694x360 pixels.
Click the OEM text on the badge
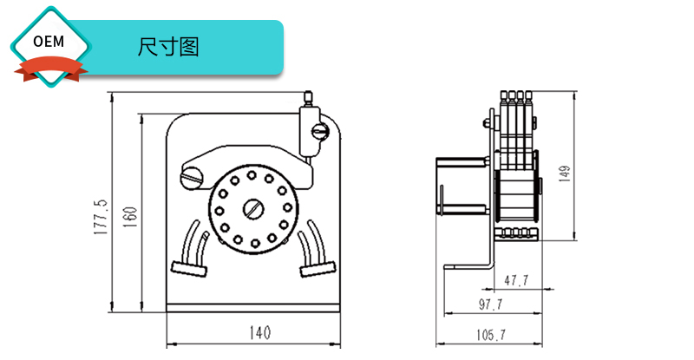click(49, 42)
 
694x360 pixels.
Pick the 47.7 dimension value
click(518, 280)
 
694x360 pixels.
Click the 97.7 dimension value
click(490, 304)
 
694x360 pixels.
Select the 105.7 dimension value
click(490, 333)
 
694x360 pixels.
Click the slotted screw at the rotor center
click(253, 209)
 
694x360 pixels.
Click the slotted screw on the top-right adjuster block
click(319, 132)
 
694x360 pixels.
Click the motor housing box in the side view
click(463, 184)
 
